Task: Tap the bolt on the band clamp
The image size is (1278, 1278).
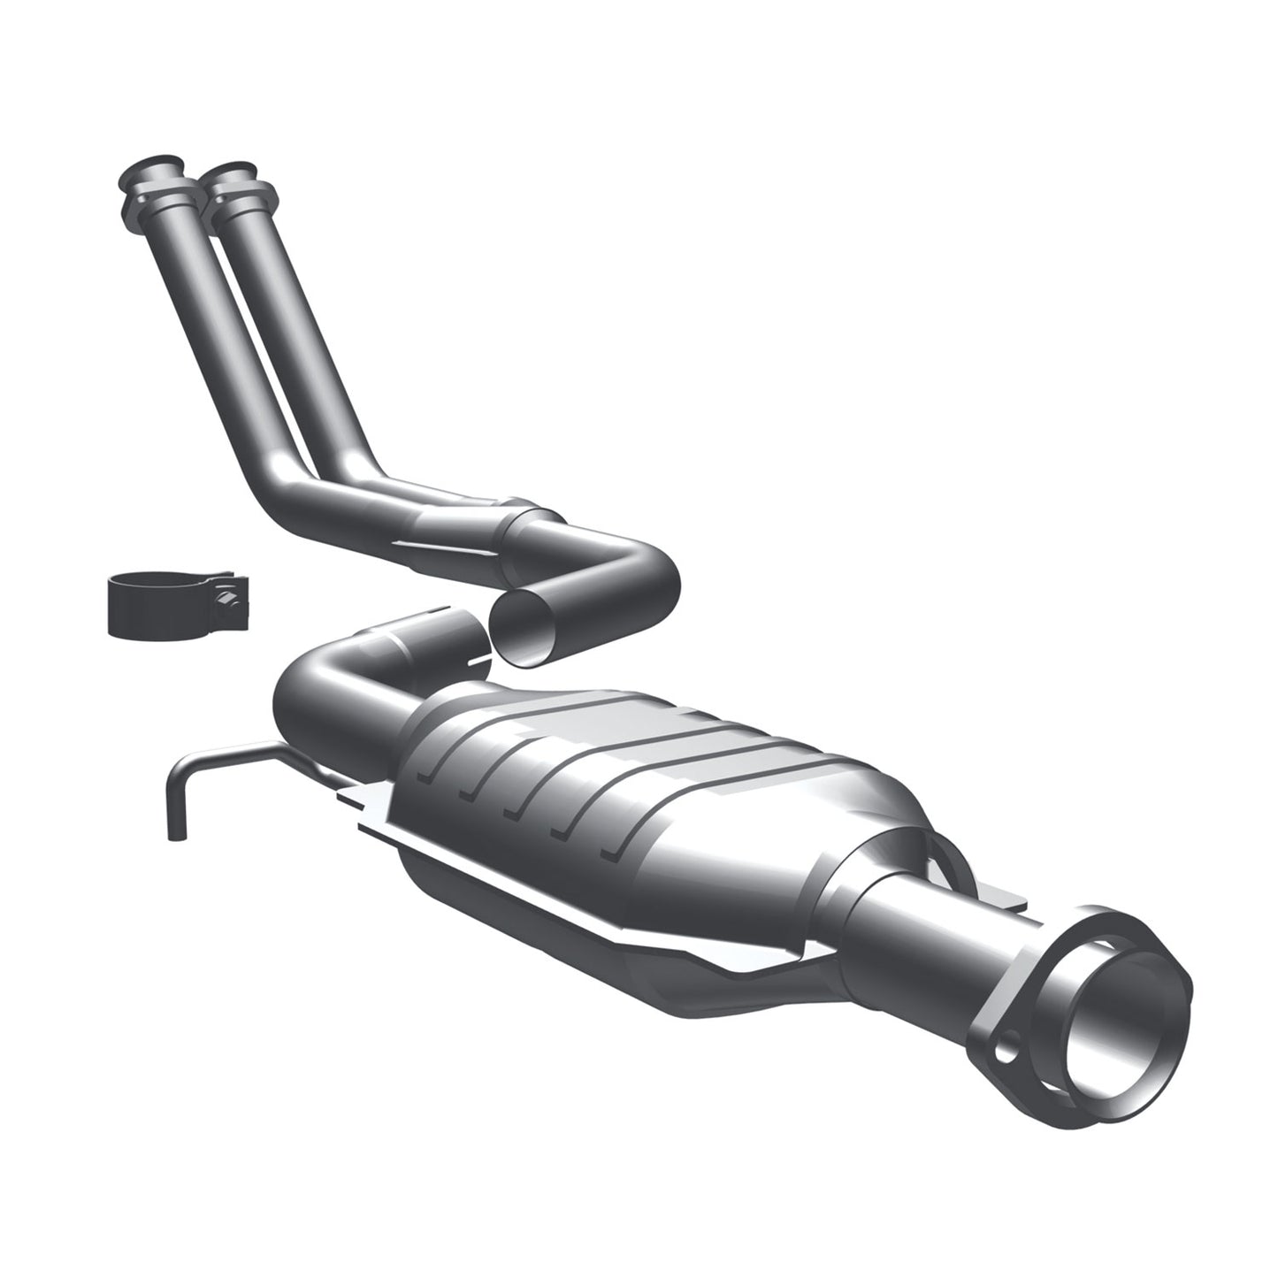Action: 232,601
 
